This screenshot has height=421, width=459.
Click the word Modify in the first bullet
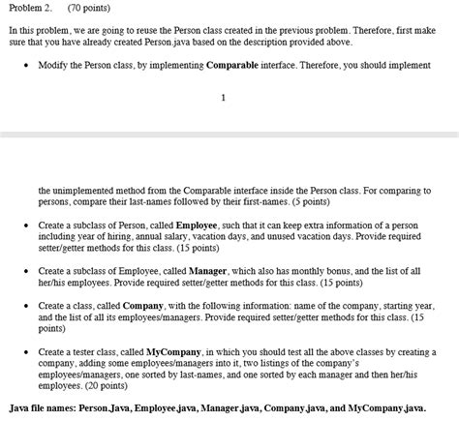pos(54,64)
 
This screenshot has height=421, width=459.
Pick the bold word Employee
pos(197,224)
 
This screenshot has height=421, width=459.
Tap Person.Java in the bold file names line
pos(112,409)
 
